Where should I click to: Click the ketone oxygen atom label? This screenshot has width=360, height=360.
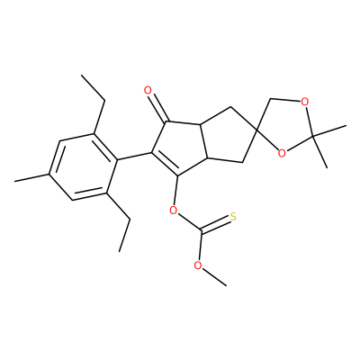pos(148,90)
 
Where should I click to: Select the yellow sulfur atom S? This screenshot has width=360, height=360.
pos(233,217)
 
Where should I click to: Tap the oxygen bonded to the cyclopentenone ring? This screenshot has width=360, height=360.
pos(173,210)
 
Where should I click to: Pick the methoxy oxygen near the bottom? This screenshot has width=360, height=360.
pos(197,265)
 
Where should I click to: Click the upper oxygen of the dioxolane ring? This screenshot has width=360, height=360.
pos(304,103)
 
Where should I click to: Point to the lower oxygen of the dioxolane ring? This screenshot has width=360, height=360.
pos(282,154)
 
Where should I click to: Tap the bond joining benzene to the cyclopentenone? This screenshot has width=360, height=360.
pos(133,157)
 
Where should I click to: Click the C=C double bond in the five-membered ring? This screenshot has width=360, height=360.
pos(165,165)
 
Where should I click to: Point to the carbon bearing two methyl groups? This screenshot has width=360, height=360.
pos(312,137)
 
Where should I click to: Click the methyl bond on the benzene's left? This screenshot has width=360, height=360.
pos(31,177)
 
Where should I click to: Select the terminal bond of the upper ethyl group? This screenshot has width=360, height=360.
pos(94,87)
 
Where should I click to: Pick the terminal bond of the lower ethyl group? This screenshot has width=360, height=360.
pos(124,235)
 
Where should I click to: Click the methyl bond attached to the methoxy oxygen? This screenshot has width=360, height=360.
pos(214,277)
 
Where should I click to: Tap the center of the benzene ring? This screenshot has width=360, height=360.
pos(83,166)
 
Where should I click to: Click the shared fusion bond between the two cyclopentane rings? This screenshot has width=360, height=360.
pos(203,139)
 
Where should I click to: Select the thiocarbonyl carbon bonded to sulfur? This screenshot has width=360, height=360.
pos(201,231)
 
